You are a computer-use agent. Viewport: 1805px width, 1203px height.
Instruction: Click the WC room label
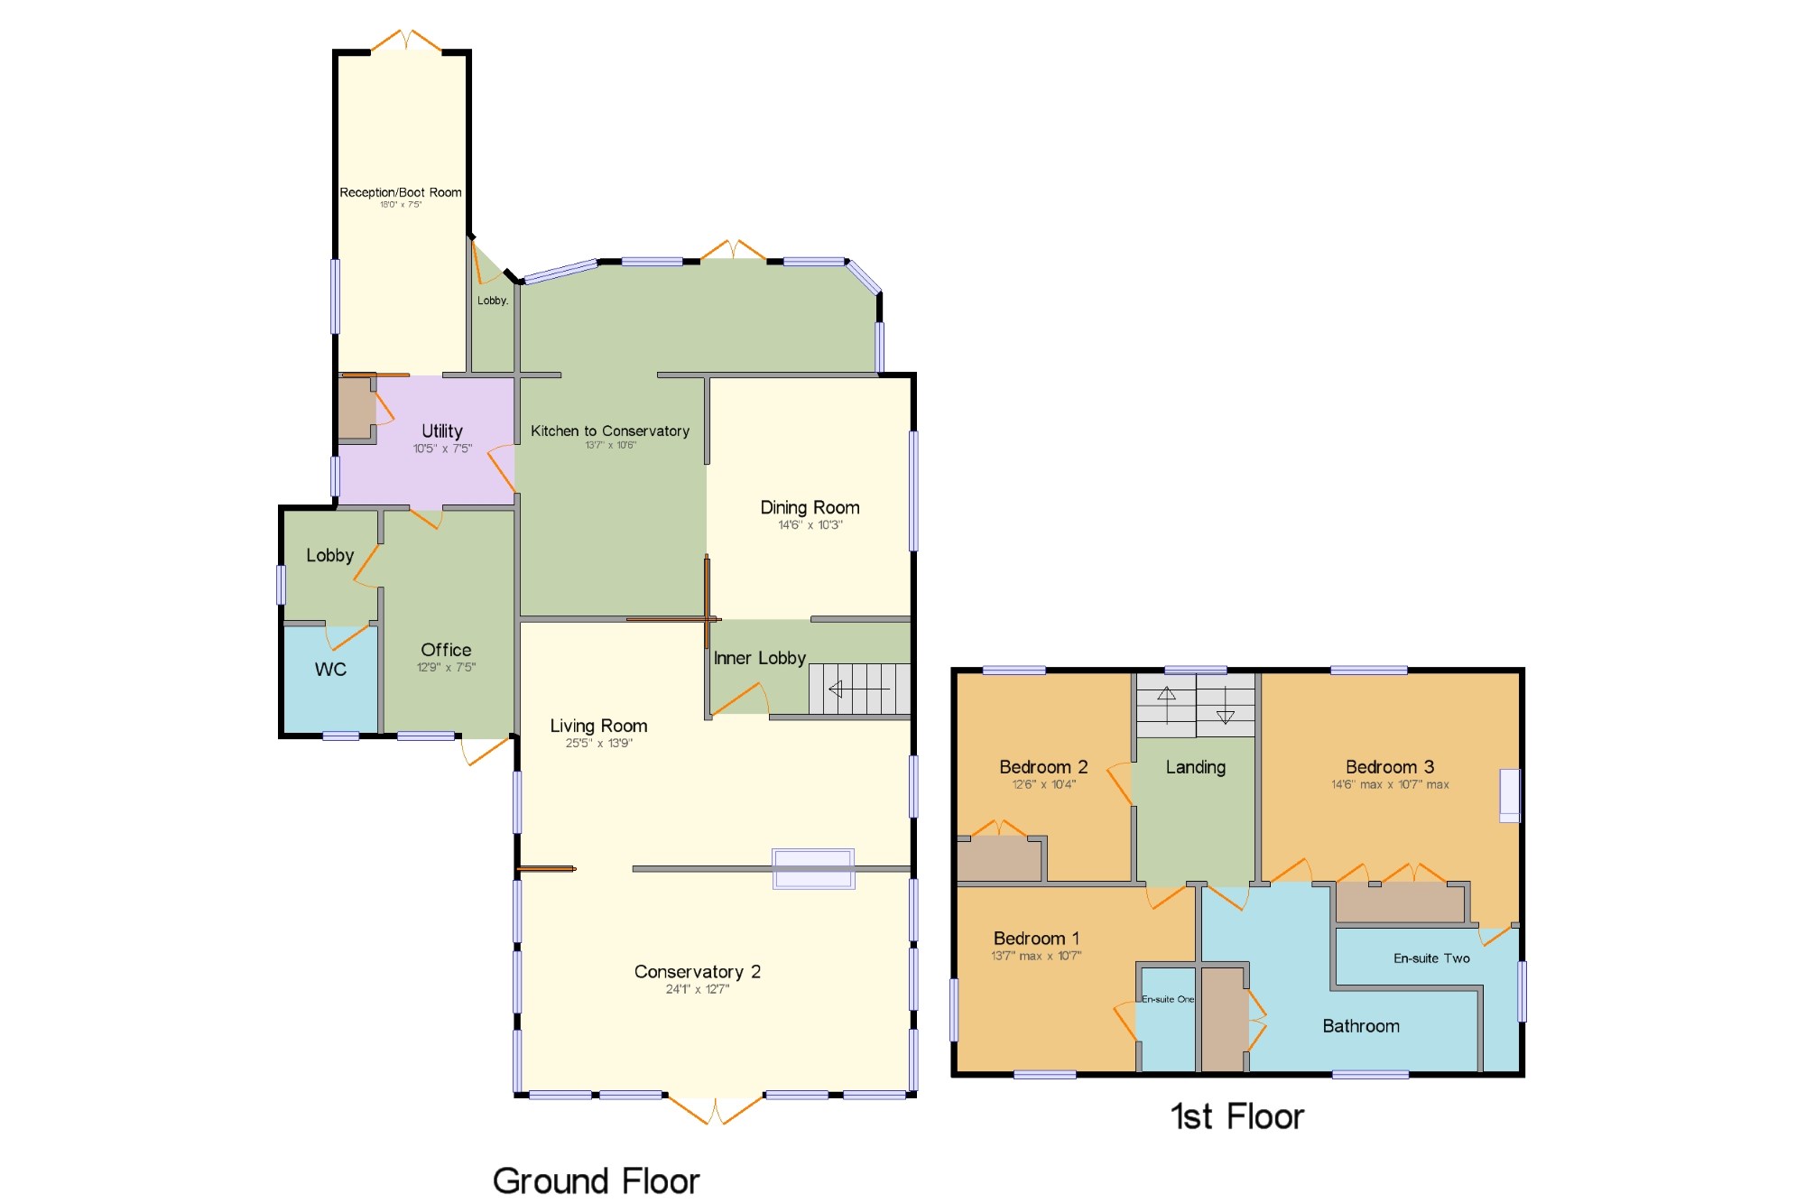coord(330,670)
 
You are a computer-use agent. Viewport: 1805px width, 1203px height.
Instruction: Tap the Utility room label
coord(442,431)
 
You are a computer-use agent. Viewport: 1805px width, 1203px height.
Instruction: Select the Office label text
coord(446,650)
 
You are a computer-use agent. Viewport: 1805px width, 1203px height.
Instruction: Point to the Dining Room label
coord(810,508)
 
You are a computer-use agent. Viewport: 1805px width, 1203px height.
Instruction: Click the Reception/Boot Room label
coord(401,192)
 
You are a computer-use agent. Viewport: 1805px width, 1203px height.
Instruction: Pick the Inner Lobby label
coord(759,659)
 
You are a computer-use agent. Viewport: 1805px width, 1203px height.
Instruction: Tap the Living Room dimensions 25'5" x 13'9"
coord(599,744)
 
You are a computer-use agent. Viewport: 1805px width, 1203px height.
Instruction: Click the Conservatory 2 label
coord(697,972)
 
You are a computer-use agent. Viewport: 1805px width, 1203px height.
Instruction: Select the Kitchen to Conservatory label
coord(610,431)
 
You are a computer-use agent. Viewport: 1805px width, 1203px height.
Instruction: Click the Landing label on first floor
coord(1195,768)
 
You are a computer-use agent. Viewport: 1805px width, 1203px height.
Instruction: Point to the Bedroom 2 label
coord(1043,767)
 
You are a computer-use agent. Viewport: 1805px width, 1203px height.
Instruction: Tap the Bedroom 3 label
coord(1389,767)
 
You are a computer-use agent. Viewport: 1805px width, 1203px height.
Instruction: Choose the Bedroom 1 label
coord(1036,939)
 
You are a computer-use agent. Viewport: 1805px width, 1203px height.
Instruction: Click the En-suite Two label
coord(1431,958)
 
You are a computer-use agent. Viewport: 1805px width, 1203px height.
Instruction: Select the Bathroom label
coord(1361,1026)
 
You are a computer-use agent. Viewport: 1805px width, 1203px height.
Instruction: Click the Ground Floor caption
coord(596,1181)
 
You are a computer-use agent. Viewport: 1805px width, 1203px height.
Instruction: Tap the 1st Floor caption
coord(1237,1117)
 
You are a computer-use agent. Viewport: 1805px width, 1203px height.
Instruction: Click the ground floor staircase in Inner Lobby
coord(859,689)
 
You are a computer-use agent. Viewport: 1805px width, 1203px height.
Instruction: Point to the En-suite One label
coord(1168,999)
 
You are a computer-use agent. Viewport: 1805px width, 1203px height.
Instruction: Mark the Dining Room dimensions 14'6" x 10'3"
coord(810,525)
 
